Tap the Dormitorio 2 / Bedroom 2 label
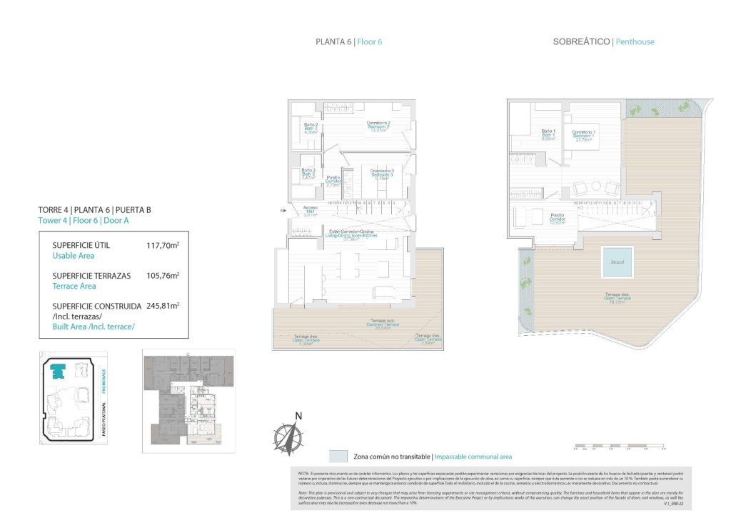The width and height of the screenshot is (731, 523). (378, 126)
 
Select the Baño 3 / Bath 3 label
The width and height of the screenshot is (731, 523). (310, 173)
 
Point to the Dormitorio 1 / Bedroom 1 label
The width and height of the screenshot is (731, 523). (583, 136)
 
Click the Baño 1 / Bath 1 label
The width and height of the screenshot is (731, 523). (548, 134)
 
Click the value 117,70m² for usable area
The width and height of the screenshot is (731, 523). (163, 245)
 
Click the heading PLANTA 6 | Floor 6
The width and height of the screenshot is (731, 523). (348, 42)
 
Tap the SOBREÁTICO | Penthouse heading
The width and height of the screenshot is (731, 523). (603, 42)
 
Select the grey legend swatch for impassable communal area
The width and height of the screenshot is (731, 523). (338, 457)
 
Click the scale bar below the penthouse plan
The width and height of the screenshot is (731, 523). (619, 448)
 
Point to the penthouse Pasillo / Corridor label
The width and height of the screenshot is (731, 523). (558, 217)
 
